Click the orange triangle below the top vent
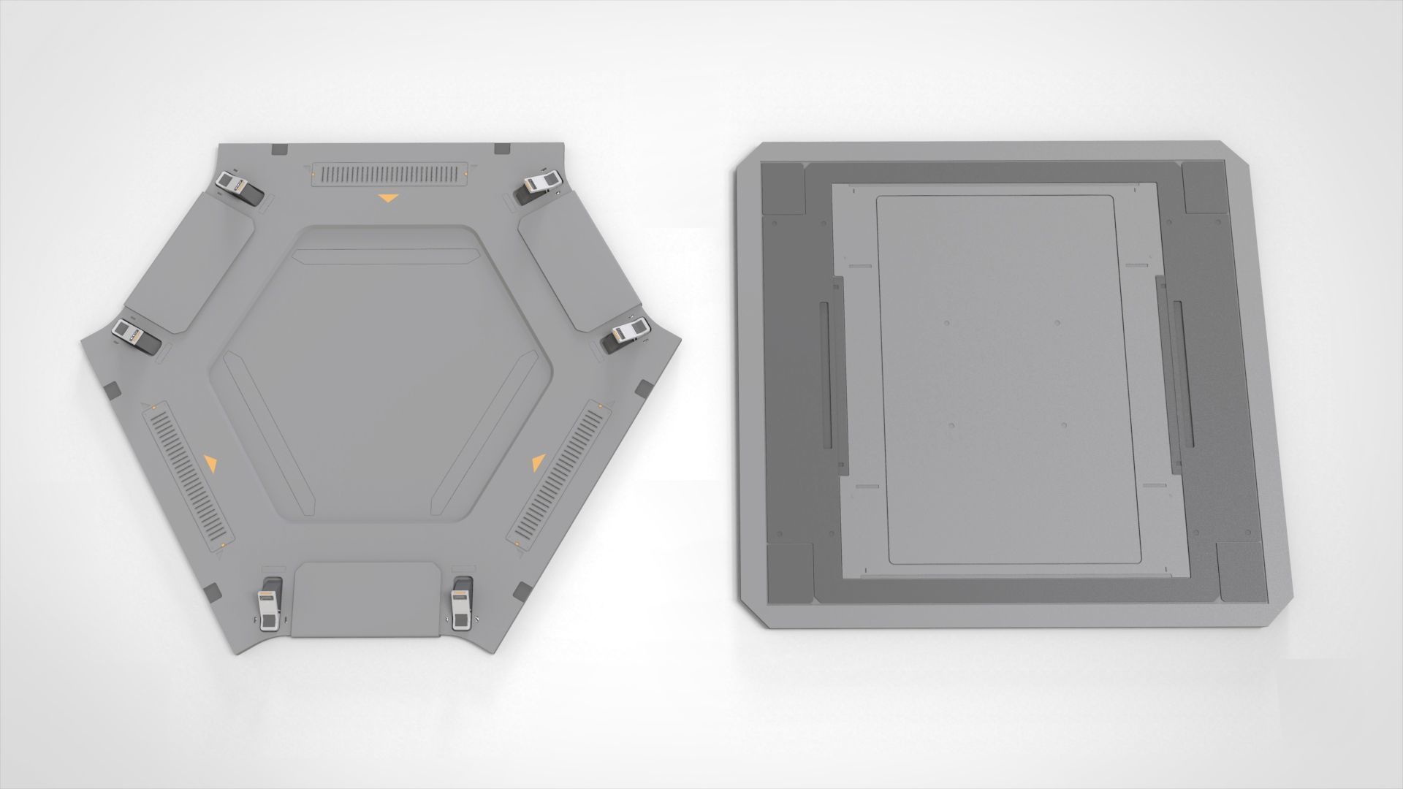click(x=388, y=198)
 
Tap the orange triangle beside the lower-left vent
click(x=211, y=462)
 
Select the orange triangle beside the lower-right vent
click(x=539, y=462)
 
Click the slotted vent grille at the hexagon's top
click(x=388, y=173)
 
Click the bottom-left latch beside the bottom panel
click(x=269, y=603)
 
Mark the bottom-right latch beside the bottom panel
click(x=462, y=603)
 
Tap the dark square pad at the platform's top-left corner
click(x=782, y=188)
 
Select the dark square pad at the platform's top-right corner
click(x=1204, y=188)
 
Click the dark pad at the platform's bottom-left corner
click(x=789, y=573)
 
